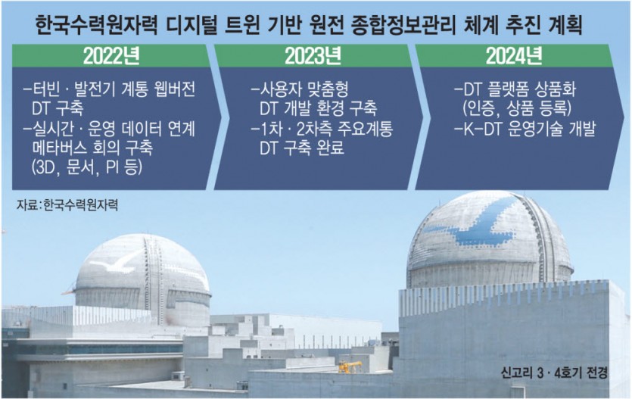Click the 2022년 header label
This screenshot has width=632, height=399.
tap(112, 56)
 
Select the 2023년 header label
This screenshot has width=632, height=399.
tap(313, 56)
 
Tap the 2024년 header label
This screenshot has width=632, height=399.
tap(514, 56)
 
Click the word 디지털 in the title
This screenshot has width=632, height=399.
tap(192, 26)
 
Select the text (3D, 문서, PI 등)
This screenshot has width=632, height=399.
tap(87, 167)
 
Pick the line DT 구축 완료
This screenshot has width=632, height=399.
tap(302, 148)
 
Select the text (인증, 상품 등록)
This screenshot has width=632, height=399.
tap(517, 108)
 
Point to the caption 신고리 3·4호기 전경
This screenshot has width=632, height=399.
tap(554, 373)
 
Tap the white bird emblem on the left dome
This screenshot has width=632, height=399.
tap(116, 262)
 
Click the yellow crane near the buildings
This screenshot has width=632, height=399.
tap(349, 366)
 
